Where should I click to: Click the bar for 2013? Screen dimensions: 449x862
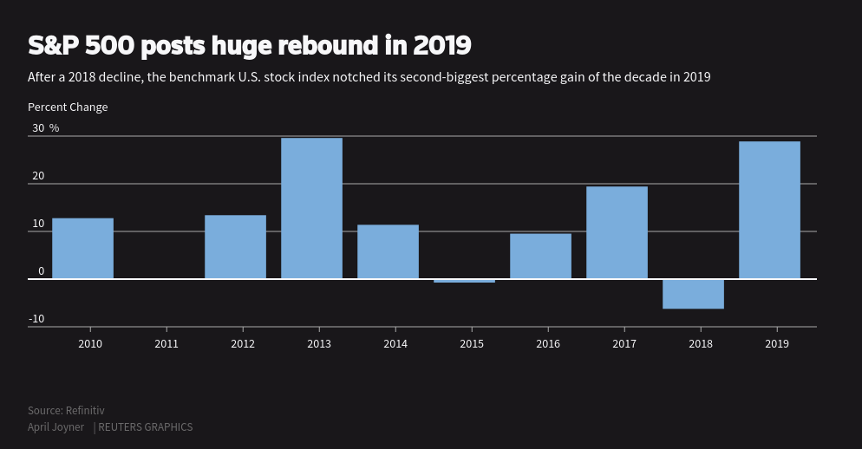click(311, 208)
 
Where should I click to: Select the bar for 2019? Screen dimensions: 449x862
click(769, 210)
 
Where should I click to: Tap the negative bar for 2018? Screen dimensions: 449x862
click(693, 294)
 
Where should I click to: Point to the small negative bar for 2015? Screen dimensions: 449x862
click(464, 281)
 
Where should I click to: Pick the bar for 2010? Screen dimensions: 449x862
click(82, 248)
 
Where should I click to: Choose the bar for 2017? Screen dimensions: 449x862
click(617, 232)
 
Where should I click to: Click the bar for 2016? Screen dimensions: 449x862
click(540, 256)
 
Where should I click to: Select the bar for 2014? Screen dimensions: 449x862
click(388, 251)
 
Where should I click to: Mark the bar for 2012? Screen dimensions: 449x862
click(235, 247)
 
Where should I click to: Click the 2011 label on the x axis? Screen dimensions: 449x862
click(167, 343)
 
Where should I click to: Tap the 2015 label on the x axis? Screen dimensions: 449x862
click(472, 343)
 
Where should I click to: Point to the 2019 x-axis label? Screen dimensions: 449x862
click(777, 343)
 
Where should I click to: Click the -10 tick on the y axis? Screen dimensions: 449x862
click(36, 319)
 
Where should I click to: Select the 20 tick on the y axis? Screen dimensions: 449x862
click(38, 176)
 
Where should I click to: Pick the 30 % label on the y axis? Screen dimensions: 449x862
click(45, 128)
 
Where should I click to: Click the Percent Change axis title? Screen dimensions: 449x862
click(68, 107)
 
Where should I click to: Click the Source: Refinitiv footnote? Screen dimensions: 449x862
click(66, 410)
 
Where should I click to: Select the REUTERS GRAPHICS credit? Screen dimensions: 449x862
click(146, 427)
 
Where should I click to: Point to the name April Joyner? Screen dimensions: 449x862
click(56, 427)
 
